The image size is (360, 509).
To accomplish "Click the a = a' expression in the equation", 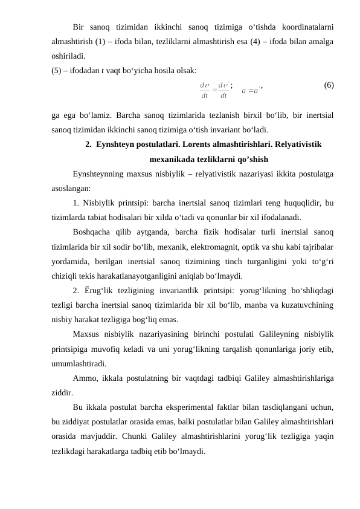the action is coord(250,91).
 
